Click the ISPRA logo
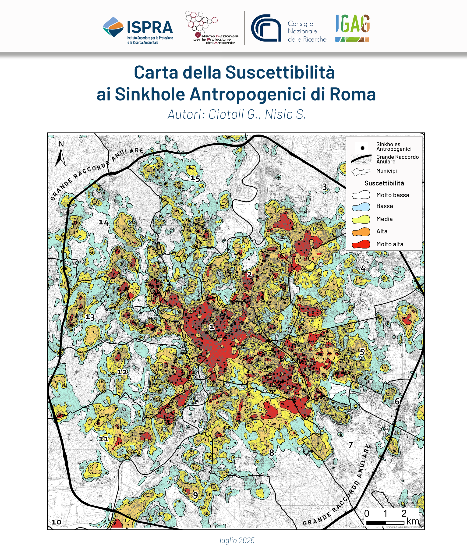[x=138, y=30]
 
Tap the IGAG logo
[x=352, y=28]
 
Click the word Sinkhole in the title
[x=150, y=94]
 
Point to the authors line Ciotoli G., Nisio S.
[x=237, y=114]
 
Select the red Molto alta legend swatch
[x=361, y=244]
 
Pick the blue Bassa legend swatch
[x=361, y=206]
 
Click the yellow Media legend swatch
[x=361, y=219]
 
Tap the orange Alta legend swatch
[x=361, y=231]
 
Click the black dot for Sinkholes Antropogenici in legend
[x=362, y=148]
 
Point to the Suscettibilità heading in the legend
[x=384, y=183]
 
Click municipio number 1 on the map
[x=212, y=327]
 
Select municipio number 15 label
[x=195, y=178]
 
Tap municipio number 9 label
[x=195, y=495]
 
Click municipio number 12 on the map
[x=122, y=372]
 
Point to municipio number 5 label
[x=362, y=352]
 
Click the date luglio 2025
[x=237, y=540]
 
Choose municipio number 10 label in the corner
[x=56, y=522]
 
